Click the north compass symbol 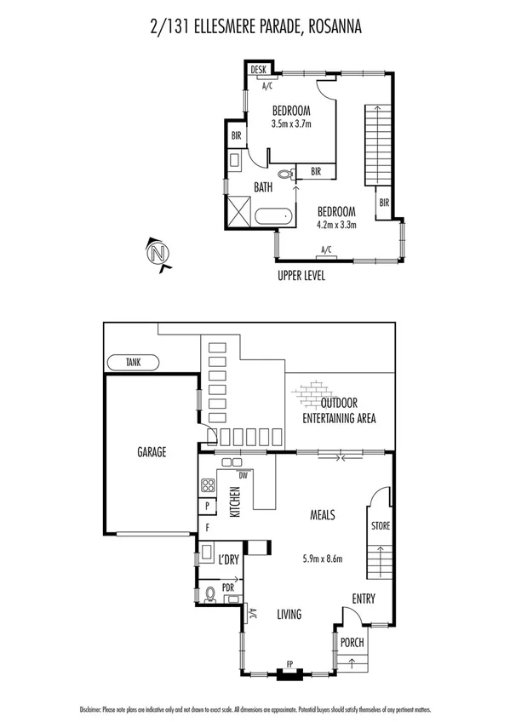[x=157, y=254]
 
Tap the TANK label [x=133, y=362]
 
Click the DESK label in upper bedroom [x=258, y=70]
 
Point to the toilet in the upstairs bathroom [x=284, y=174]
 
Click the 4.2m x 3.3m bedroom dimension [x=335, y=225]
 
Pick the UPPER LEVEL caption [x=301, y=276]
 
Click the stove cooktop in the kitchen [x=207, y=487]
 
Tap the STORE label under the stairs [x=380, y=526]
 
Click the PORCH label [x=352, y=643]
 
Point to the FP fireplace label [x=289, y=664]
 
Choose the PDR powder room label [x=228, y=587]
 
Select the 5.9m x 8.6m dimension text [x=322, y=559]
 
